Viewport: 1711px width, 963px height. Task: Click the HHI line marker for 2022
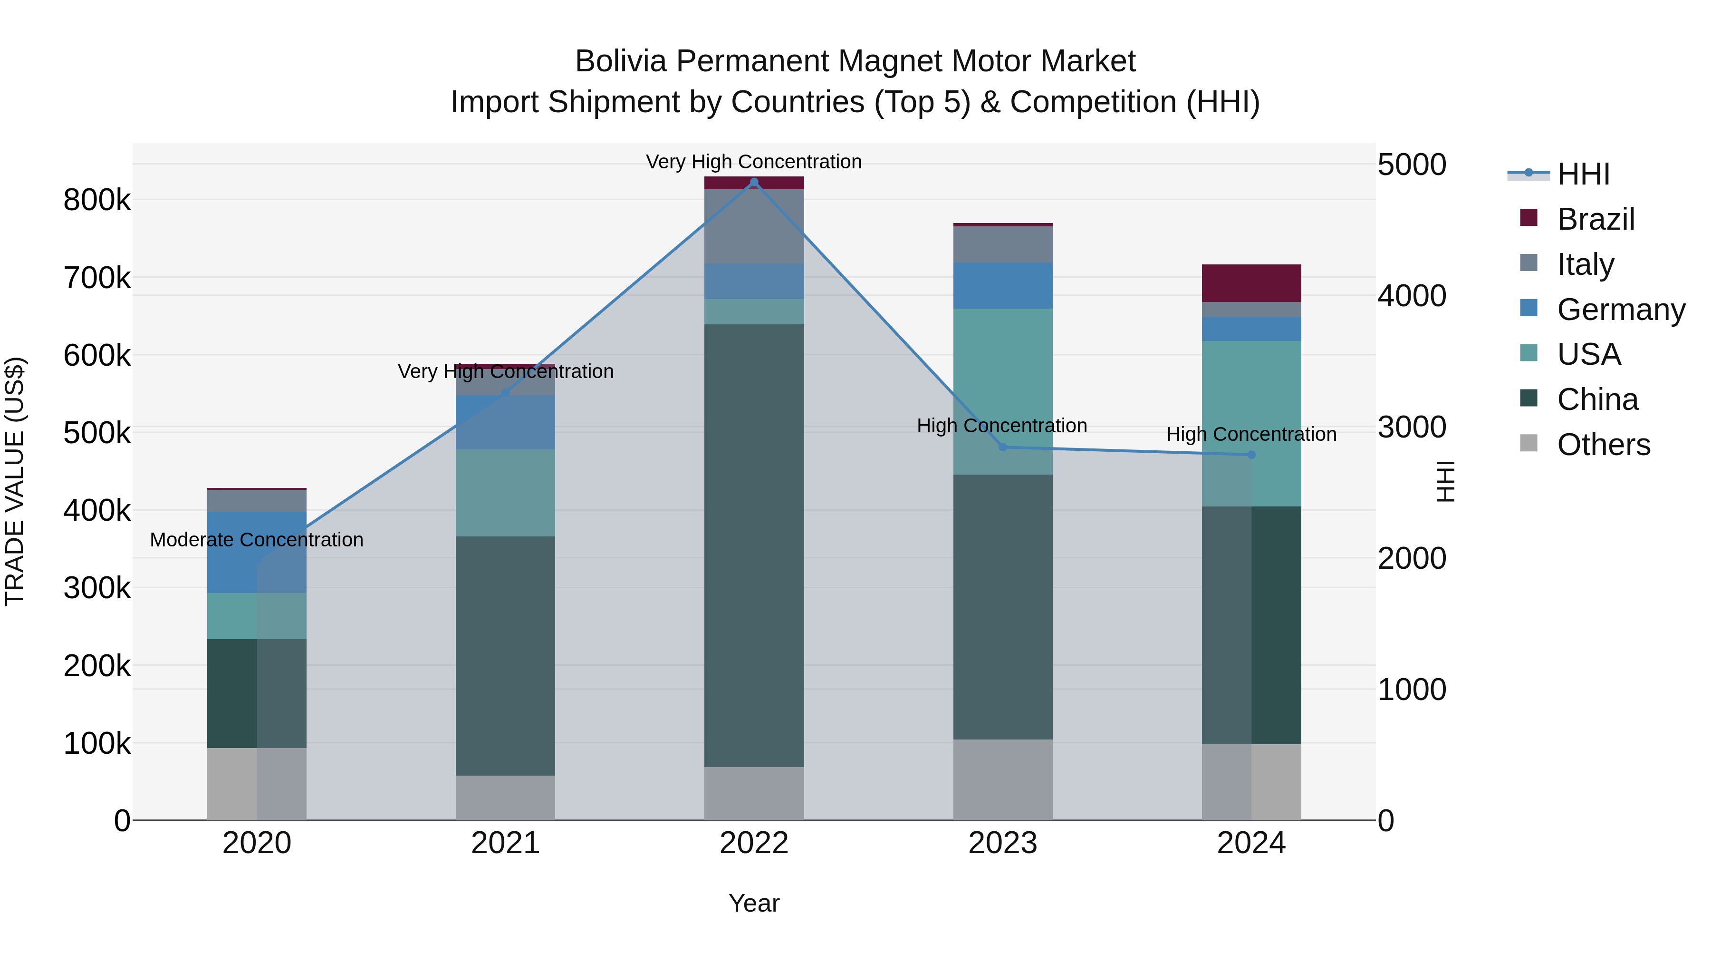(754, 182)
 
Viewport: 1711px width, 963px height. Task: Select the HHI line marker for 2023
(1003, 447)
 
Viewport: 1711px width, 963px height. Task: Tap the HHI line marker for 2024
(1251, 455)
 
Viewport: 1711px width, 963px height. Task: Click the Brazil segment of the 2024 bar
(1251, 283)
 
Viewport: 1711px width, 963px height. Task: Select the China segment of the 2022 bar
(754, 545)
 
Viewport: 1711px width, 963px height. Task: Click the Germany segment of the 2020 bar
(257, 552)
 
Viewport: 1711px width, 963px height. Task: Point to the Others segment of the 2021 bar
(506, 798)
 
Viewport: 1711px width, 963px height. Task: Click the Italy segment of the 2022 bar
(754, 226)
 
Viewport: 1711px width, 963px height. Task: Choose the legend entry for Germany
(1621, 310)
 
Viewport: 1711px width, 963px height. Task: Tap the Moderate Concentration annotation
(257, 540)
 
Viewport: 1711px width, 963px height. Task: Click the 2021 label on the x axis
(506, 843)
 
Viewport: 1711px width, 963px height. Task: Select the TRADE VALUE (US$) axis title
(15, 481)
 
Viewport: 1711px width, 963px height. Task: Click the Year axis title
(754, 903)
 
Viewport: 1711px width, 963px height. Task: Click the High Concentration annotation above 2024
(1251, 434)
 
